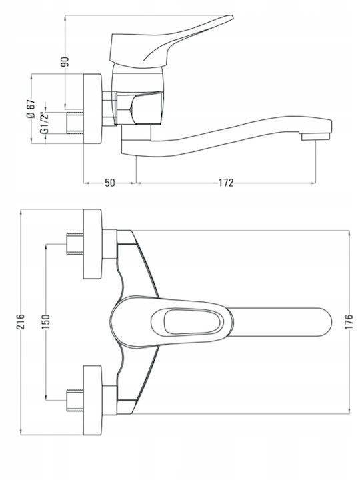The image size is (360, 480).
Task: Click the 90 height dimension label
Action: point(65,62)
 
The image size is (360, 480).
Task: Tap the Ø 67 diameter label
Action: point(31,109)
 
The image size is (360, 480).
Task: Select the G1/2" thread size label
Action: point(45,123)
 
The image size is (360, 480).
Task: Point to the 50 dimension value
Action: point(110,183)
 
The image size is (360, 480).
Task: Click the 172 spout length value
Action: point(226,183)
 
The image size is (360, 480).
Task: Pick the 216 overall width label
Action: point(21,321)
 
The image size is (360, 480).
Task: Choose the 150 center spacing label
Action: point(45,321)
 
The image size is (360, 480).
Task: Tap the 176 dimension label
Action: point(349,321)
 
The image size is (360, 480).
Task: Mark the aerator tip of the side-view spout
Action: point(315,137)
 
